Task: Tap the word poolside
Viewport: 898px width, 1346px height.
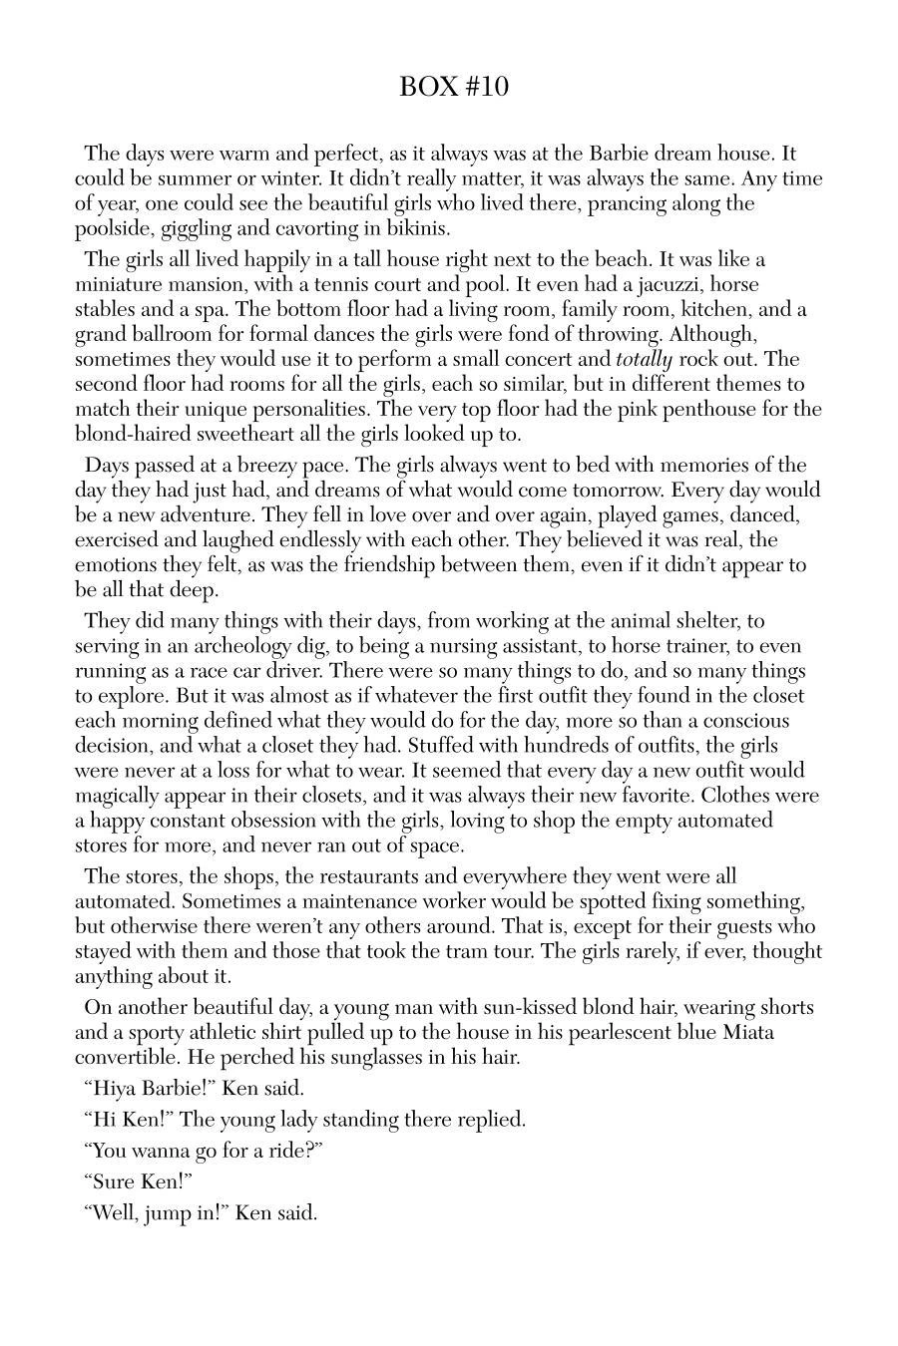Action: point(115,228)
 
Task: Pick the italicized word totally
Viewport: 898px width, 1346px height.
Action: point(644,359)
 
